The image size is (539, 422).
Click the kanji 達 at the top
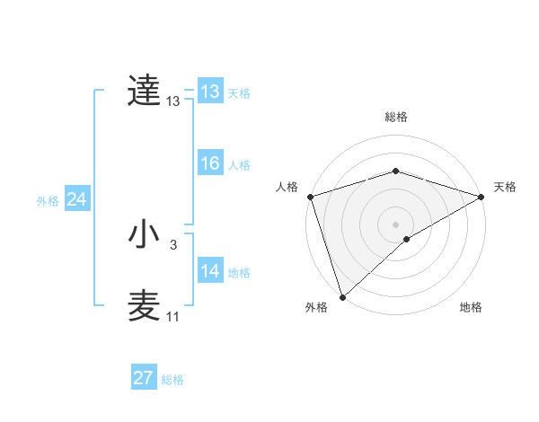coord(144,91)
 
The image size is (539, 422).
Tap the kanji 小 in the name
coord(144,234)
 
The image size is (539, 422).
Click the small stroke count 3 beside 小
coord(173,244)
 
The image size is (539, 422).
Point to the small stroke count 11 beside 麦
coord(172,317)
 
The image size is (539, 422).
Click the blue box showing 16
coord(210,163)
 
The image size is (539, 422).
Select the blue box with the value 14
coord(210,271)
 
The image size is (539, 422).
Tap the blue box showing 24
coord(77,200)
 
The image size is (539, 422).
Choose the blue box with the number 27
coord(144,378)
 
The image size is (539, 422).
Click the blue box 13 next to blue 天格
coord(210,92)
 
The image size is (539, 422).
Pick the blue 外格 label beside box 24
coord(48,201)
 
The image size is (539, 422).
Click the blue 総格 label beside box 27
coord(172,380)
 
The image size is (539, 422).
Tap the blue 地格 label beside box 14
coord(239,273)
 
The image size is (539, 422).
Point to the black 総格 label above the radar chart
coord(395,117)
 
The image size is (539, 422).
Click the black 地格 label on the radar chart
coord(471,308)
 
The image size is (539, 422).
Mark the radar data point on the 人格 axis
coord(310,196)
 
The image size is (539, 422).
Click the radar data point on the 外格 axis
coord(342,296)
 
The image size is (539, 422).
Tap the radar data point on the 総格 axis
coord(395,171)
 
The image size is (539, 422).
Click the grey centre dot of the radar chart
coord(395,224)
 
